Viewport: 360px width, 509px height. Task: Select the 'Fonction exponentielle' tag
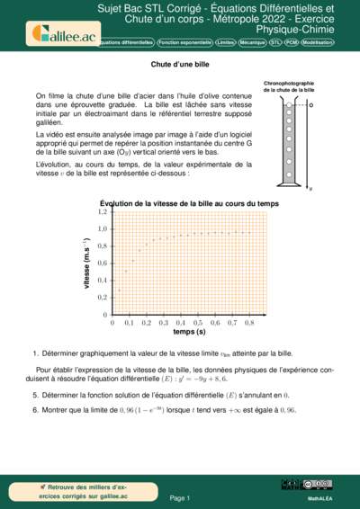[x=184, y=42]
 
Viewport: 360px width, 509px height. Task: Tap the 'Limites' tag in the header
[x=226, y=42]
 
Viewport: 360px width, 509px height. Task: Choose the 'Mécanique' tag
[x=258, y=42]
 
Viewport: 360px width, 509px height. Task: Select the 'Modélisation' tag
[x=337, y=42]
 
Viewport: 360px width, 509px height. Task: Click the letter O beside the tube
[x=310, y=105]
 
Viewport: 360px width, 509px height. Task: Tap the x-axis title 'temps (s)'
[x=189, y=331]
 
